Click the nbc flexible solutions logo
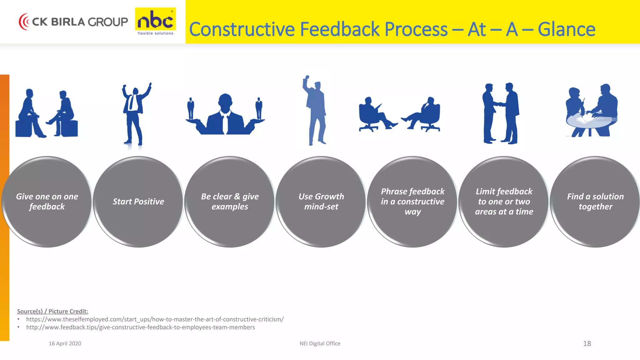click(155, 22)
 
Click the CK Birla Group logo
click(73, 22)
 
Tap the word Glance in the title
click(566, 29)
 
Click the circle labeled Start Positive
click(138, 202)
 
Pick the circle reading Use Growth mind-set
click(321, 202)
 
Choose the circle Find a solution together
click(595, 202)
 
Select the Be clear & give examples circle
click(230, 202)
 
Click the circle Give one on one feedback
click(47, 202)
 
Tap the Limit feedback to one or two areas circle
click(504, 202)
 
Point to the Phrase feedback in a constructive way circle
click(412, 202)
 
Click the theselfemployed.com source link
click(155, 319)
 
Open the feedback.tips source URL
click(140, 327)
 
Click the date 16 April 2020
click(65, 343)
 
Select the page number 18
click(587, 343)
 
